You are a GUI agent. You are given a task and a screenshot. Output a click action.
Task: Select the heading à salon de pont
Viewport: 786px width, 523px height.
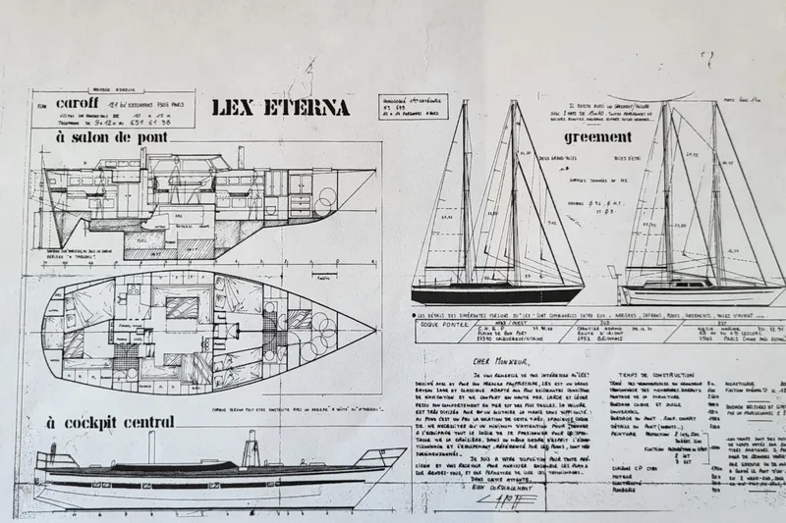point(106,139)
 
